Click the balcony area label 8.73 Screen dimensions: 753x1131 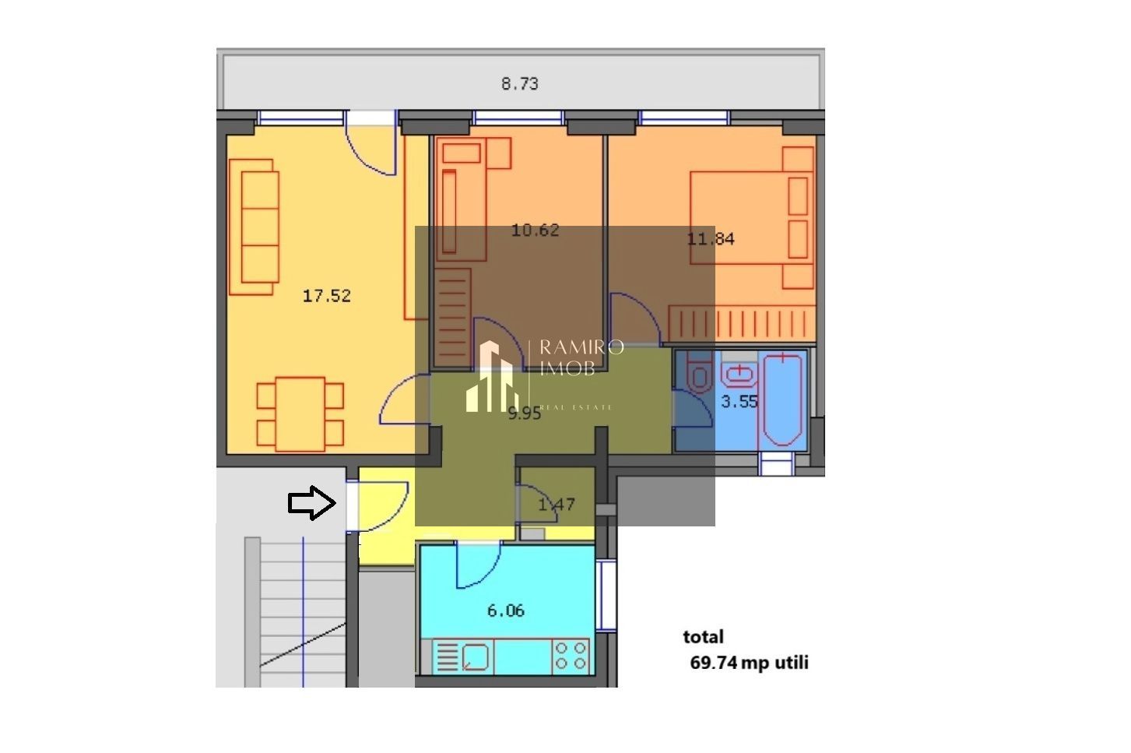tap(519, 84)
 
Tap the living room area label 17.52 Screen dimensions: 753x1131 tap(326, 296)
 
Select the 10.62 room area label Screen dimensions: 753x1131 tap(535, 230)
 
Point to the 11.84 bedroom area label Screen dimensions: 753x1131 tap(710, 239)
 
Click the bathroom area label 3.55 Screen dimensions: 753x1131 tap(739, 402)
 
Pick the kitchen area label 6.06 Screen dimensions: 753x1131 tap(505, 610)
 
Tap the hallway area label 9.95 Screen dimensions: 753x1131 tap(524, 414)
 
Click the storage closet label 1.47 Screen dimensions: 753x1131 tap(557, 505)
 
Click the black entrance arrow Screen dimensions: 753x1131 tap(311, 503)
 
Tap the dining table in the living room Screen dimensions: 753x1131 tap(300, 414)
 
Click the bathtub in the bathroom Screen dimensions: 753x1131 tap(785, 400)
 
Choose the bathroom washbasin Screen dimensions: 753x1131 tap(738, 375)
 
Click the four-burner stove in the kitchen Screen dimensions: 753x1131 tap(571, 656)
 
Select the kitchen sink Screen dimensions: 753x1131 tap(476, 656)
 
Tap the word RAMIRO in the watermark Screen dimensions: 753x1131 tap(581, 347)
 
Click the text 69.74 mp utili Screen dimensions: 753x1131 tap(749, 663)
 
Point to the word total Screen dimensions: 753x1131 tap(703, 637)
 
